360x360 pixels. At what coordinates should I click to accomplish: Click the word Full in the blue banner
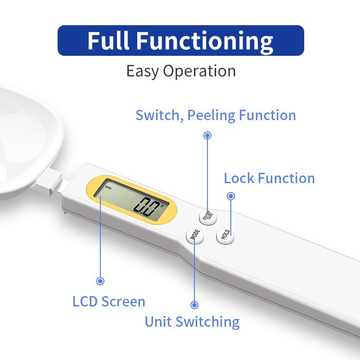110,41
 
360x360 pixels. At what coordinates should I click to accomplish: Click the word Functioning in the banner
205,41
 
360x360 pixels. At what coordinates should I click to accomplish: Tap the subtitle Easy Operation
180,72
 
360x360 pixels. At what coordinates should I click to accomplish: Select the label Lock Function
269,178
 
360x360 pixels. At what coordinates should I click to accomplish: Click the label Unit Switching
192,322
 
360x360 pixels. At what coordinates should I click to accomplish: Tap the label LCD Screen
108,301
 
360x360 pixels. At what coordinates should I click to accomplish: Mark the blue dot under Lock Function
231,196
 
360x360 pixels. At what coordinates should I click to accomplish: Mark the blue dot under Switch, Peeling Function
207,135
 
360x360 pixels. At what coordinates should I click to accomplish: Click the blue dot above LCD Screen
100,281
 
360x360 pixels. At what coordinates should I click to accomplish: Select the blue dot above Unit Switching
194,305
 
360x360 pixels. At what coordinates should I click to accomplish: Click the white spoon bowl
27,135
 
